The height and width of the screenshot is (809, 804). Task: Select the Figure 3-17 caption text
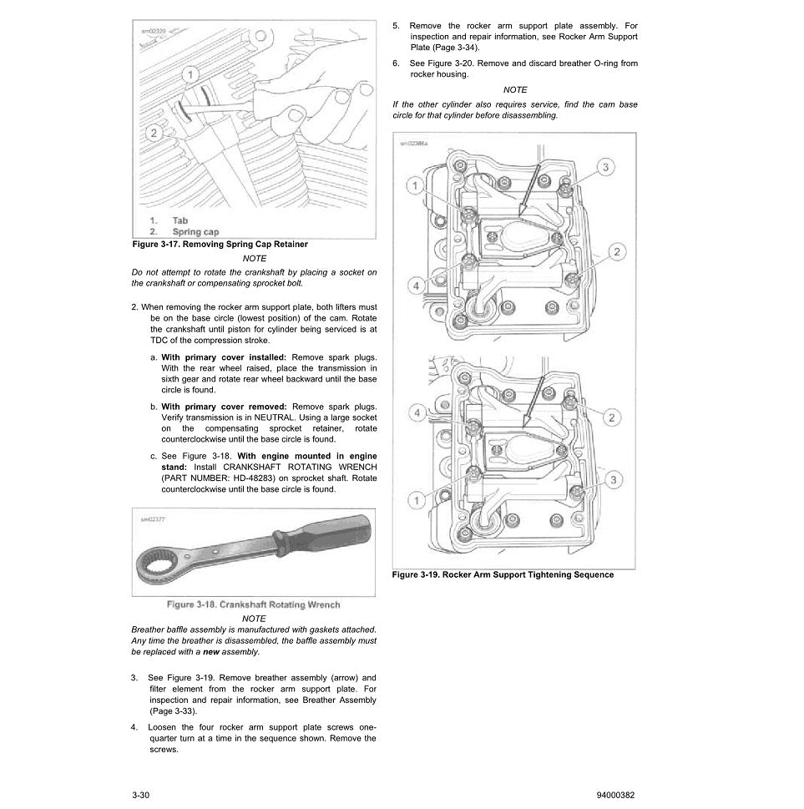pyautogui.click(x=220, y=244)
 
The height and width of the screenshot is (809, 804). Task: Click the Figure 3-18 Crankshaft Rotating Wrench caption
pyautogui.click(x=253, y=604)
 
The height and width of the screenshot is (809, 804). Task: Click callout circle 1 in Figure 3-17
pyautogui.click(x=190, y=76)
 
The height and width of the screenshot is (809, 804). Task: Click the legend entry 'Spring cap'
pyautogui.click(x=195, y=231)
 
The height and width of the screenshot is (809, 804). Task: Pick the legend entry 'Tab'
pyautogui.click(x=180, y=220)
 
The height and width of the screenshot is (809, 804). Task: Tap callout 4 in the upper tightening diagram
pyautogui.click(x=415, y=286)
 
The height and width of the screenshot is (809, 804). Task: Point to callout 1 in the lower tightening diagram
pyautogui.click(x=415, y=500)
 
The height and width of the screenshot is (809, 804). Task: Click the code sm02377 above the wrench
pyautogui.click(x=154, y=518)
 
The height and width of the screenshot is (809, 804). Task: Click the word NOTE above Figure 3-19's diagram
pyautogui.click(x=515, y=89)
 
